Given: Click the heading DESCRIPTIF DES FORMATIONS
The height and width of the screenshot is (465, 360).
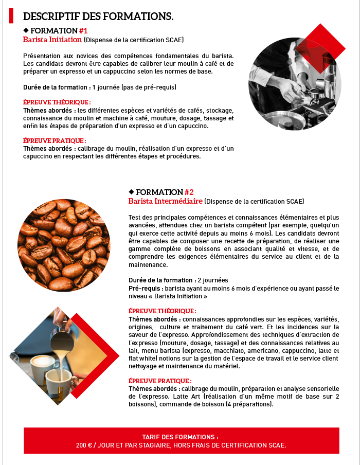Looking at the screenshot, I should click(98, 16).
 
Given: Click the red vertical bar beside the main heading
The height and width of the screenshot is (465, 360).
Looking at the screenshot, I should click(11, 15).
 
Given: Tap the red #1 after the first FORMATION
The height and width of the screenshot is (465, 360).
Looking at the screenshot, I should click(83, 30).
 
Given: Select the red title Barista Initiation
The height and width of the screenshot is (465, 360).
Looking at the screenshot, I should click(52, 40).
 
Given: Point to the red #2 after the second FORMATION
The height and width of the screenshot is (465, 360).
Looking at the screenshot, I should click(189, 192).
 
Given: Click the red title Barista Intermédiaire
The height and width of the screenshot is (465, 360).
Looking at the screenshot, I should click(165, 201).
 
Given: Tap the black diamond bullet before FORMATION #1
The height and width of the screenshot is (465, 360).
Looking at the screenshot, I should click(26, 30).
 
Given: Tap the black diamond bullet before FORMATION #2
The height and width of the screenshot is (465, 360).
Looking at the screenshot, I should click(131, 191).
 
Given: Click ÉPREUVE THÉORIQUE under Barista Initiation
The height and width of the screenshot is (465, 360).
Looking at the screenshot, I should click(57, 102).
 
